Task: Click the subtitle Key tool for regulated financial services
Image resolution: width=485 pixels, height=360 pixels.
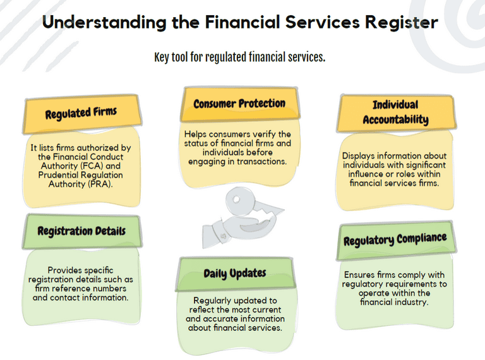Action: (x=239, y=57)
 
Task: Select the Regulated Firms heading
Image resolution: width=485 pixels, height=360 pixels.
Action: (x=81, y=114)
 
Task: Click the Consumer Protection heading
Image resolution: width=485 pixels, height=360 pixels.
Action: (x=239, y=104)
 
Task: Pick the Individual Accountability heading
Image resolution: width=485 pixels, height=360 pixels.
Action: (x=395, y=112)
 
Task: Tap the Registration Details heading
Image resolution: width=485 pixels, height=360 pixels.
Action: (x=81, y=231)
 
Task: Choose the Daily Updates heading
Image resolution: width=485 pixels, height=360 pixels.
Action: (x=234, y=273)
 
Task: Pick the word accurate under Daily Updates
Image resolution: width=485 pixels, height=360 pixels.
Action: (x=224, y=319)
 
